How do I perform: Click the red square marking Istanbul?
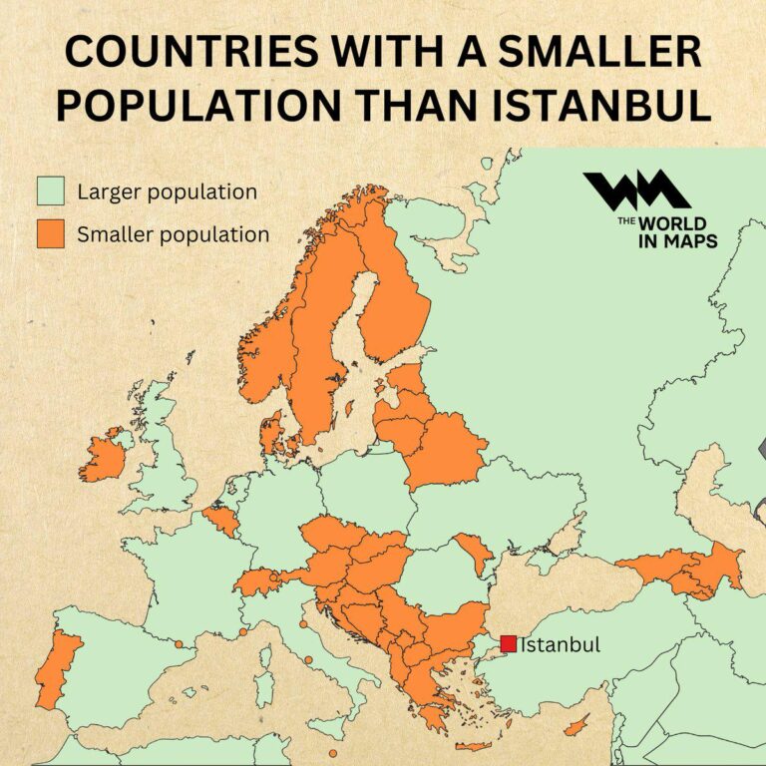point(509,644)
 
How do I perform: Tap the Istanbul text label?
point(561,644)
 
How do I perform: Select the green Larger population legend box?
point(50,191)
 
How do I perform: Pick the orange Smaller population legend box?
point(50,235)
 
